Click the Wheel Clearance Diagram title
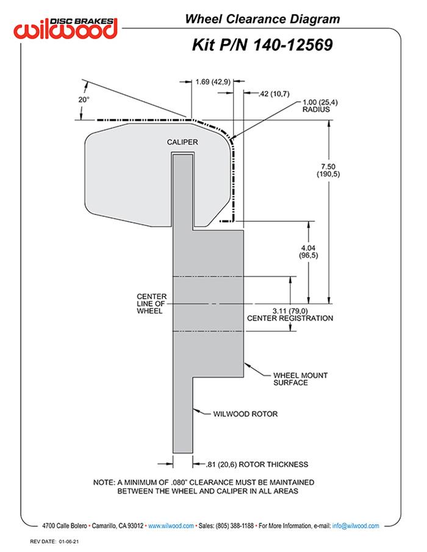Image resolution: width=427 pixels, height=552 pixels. coord(262,19)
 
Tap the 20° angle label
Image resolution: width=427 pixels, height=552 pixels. coord(84,99)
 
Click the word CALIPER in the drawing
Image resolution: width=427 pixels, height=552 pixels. coord(182,141)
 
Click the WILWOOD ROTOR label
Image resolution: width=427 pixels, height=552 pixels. coord(245,414)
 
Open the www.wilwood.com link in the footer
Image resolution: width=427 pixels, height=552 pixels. coord(171,525)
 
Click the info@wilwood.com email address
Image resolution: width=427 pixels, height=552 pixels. coord(356,525)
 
